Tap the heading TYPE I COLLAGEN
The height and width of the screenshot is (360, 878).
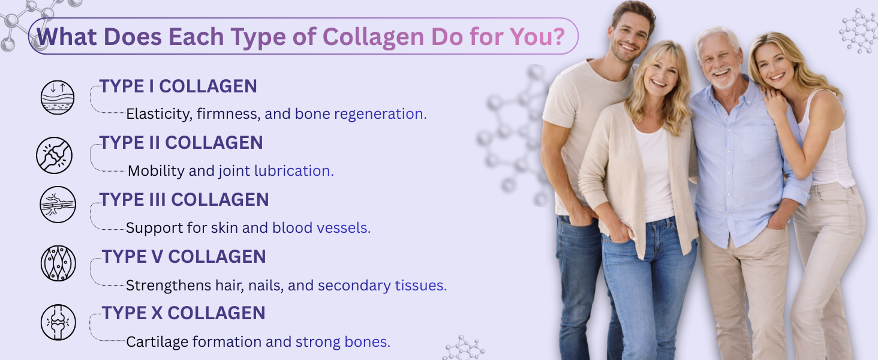tap(178, 86)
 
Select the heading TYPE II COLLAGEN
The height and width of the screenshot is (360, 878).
tap(181, 143)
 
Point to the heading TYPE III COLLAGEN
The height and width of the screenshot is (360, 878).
tap(184, 200)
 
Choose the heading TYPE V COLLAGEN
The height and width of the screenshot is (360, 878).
tap(184, 257)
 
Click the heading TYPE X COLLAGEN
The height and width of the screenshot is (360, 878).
tap(184, 313)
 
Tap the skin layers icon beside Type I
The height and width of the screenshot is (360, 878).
tap(58, 97)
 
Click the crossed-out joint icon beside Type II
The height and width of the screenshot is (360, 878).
tap(54, 155)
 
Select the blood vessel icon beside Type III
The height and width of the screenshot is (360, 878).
tap(58, 205)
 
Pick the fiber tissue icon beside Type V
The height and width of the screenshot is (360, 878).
tap(58, 263)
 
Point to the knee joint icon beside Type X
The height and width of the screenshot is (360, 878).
tap(58, 322)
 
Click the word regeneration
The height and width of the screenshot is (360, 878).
tap(380, 115)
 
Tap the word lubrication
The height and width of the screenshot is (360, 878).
tap(294, 171)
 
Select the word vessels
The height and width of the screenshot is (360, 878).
tap(344, 228)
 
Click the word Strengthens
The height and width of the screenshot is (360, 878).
tap(169, 286)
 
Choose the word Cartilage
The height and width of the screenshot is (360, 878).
tap(157, 343)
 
